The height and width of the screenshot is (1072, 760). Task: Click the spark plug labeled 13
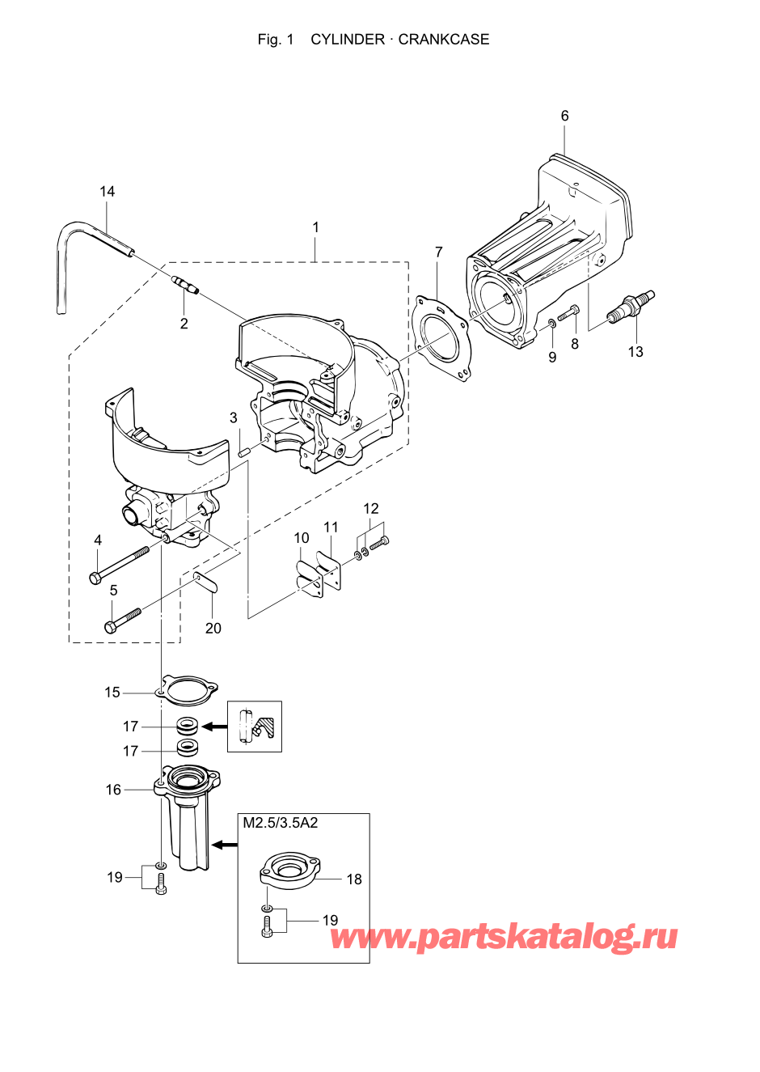pos(632,307)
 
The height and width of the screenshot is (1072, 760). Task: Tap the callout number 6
pos(564,116)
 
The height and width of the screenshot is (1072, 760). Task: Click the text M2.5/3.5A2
pos(281,823)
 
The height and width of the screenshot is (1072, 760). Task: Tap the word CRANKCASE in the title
pos(443,39)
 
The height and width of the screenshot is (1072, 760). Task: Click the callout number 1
pos(315,227)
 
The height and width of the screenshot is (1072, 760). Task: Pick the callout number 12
pos(370,508)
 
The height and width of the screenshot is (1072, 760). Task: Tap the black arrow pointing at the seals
pos(213,727)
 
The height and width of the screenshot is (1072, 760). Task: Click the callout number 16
pos(113,790)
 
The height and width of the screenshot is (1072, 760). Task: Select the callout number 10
pos(301,537)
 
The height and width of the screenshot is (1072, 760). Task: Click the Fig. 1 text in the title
pos(275,39)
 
